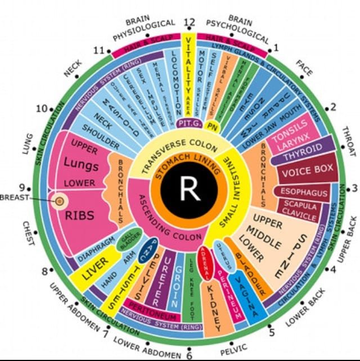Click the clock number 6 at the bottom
[x=189, y=355]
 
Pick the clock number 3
[x=354, y=187]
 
